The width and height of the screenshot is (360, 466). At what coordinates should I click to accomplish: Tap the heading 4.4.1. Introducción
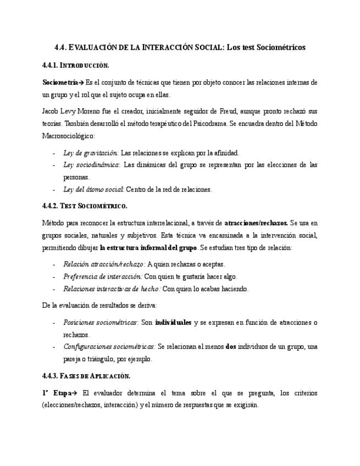click(x=75, y=65)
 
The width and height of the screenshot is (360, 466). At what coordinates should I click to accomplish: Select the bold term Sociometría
click(x=60, y=82)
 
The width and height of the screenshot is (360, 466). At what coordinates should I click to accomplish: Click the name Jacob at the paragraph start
click(x=51, y=112)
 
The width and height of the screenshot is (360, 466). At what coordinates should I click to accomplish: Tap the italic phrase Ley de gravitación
click(x=91, y=153)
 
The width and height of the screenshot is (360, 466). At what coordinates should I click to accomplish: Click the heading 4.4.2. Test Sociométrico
click(x=85, y=206)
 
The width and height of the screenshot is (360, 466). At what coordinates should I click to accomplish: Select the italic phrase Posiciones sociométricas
click(x=100, y=322)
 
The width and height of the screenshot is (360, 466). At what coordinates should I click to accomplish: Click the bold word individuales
click(x=173, y=322)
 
